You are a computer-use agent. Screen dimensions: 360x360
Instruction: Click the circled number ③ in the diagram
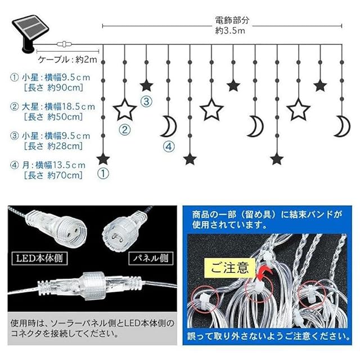pos(146,102)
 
